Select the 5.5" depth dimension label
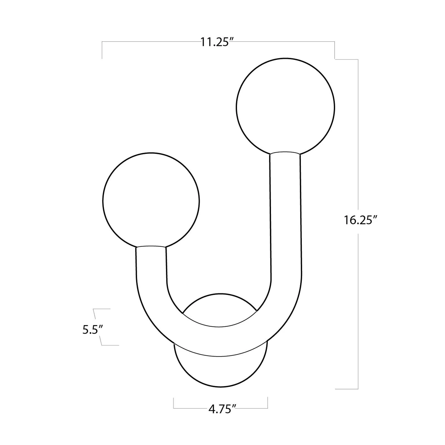pos(93,330)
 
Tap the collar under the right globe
pos(285,153)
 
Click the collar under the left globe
pos(151,246)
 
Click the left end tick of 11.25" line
pos(102,50)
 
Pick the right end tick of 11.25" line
pos(334,50)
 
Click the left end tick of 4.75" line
pos(174,403)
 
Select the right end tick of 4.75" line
pos(268,403)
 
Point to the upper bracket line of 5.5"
pos(102,309)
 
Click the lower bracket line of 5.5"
pos(110,345)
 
